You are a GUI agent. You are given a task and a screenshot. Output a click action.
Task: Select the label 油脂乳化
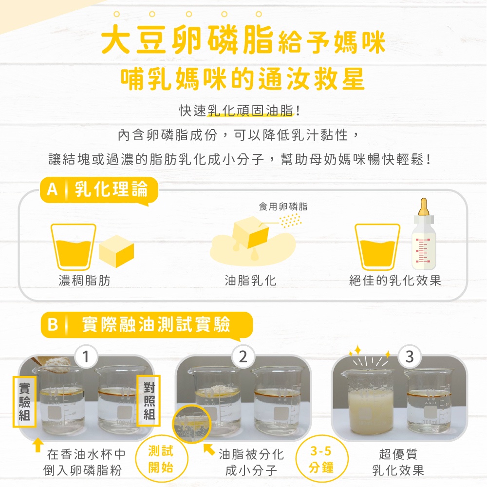pos(250,281)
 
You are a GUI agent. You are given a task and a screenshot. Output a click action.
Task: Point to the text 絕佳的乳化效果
pos(395,281)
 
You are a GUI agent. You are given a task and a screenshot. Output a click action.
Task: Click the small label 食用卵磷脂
pos(283,206)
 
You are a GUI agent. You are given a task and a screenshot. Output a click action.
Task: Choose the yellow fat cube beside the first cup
pos(116,251)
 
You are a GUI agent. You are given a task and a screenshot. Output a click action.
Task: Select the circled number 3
pos(410,357)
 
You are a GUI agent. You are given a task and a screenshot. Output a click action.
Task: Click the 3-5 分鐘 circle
pos(321,460)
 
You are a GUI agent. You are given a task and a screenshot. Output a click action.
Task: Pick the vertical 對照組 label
pos(149,401)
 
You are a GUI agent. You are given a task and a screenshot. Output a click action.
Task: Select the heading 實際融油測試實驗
pos(156,324)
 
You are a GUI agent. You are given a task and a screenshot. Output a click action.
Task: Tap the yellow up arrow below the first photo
pos(37,445)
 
